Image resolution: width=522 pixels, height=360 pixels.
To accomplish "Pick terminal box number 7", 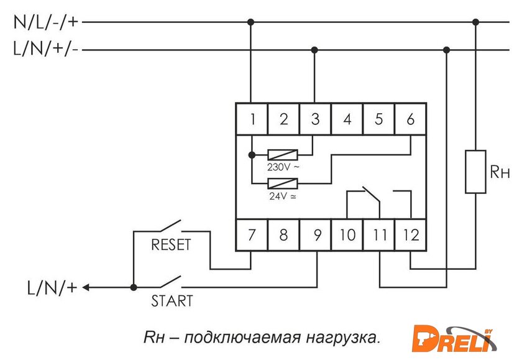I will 252,236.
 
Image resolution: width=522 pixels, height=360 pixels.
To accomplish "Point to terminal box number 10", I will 347,236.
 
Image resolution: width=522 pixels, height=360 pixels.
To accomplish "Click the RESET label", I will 171,245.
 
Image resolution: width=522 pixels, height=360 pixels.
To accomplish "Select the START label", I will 172,302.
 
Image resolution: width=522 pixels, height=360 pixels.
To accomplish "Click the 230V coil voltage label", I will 283,167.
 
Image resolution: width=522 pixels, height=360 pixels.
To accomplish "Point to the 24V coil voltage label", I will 282,196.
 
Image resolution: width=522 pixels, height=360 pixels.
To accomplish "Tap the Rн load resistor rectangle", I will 475,172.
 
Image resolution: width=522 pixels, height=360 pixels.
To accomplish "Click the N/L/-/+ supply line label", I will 47,22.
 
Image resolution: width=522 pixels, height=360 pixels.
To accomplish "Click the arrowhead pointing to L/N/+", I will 86,287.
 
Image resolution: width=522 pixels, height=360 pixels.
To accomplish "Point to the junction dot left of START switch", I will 134,287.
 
